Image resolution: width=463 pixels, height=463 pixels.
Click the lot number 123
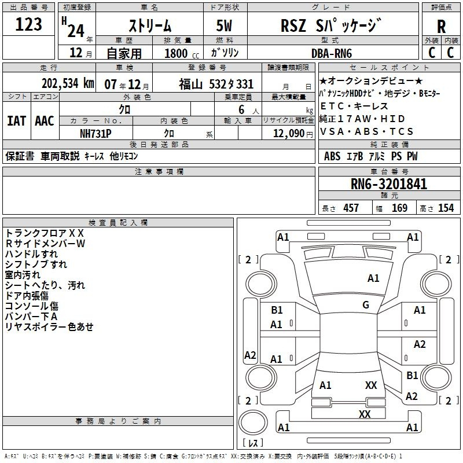[x=29, y=25]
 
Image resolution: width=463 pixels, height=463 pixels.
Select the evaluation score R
[x=441, y=27]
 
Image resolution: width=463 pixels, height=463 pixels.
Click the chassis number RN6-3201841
[x=389, y=185]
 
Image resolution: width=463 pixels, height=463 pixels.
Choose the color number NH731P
[x=95, y=133]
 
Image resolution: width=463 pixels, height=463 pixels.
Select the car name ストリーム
[x=149, y=25]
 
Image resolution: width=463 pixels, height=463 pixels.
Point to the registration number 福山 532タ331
[x=216, y=84]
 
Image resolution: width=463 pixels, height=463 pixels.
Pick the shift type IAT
[x=16, y=121]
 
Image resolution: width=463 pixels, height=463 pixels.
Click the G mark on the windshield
[x=366, y=305]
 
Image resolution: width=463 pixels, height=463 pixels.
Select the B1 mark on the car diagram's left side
[x=277, y=310]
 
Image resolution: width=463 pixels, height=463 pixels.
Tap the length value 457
[x=351, y=208]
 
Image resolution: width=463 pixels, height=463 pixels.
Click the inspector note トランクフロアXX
[x=45, y=233]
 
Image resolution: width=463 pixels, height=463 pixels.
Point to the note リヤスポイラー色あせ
[x=49, y=327]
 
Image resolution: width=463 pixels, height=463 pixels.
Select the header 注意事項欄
[x=159, y=171]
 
